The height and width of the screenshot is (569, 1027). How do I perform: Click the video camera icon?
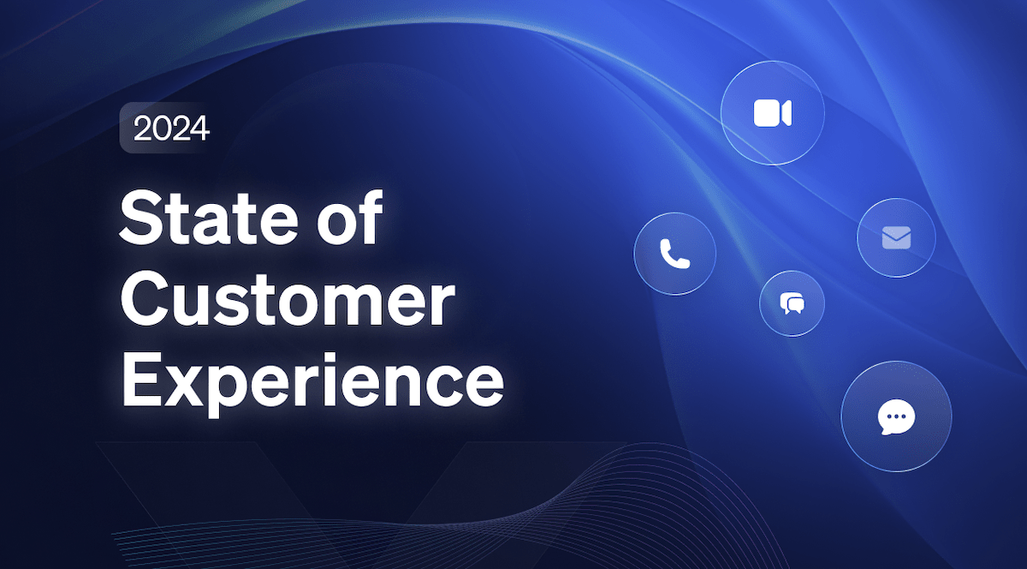(772, 113)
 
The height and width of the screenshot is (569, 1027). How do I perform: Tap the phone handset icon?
(674, 254)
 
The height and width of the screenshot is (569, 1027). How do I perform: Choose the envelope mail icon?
(895, 237)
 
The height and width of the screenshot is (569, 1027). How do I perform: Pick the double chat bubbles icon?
(792, 303)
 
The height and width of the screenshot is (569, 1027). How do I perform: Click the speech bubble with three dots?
(896, 417)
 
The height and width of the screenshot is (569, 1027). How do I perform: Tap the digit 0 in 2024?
(160, 129)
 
